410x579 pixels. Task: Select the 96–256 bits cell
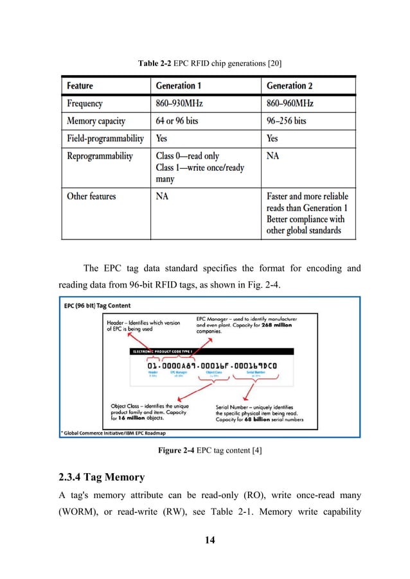(x=286, y=120)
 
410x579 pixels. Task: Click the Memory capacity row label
(x=96, y=120)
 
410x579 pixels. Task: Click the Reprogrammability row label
(x=100, y=155)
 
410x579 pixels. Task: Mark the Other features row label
(x=92, y=196)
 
